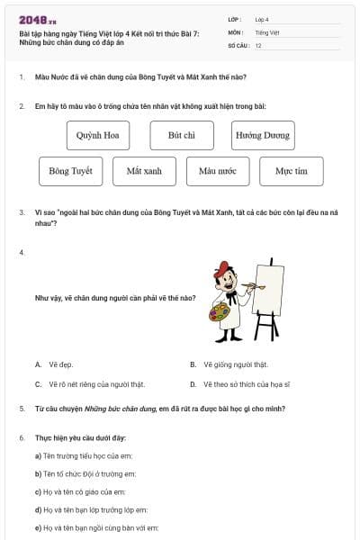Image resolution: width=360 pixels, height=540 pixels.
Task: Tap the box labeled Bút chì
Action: tap(182, 135)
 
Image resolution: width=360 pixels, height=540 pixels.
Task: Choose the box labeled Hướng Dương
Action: tap(263, 135)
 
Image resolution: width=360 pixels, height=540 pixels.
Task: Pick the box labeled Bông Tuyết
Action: tap(70, 171)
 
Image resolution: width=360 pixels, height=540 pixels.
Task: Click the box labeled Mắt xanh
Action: tap(144, 171)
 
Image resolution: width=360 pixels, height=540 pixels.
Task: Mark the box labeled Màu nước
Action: tap(218, 171)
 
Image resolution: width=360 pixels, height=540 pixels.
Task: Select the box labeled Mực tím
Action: tap(292, 171)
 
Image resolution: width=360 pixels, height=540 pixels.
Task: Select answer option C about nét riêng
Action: tap(85, 384)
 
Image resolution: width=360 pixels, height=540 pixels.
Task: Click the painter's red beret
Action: tap(222, 268)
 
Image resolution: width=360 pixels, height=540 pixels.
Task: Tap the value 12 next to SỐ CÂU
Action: tap(258, 44)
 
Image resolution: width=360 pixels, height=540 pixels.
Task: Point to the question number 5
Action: tap(22, 409)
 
